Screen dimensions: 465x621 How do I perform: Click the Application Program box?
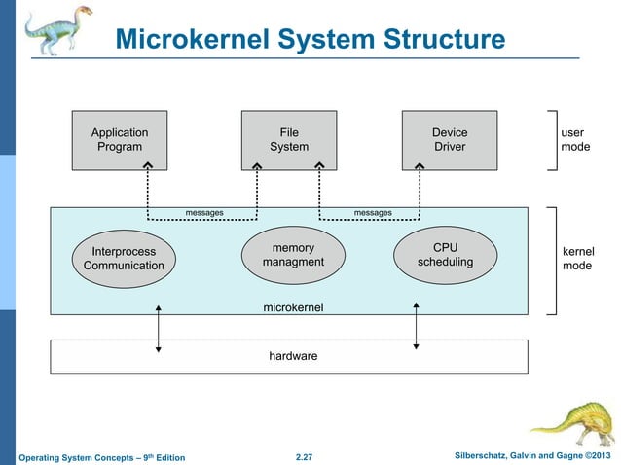pos(120,140)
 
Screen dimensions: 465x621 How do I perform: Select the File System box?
pos(289,140)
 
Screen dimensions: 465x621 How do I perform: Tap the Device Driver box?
pos(450,140)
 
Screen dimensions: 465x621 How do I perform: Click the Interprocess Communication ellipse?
pos(124,258)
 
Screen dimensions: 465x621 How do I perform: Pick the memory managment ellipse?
pos(293,255)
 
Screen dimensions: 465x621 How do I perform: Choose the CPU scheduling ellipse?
pos(445,255)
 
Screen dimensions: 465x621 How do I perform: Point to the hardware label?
pos(293,356)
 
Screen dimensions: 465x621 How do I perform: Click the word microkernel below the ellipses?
pos(293,307)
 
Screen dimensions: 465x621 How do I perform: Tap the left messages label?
pos(204,212)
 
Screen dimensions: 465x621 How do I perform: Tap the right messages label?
pos(373,212)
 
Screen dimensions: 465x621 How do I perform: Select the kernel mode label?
pos(578,259)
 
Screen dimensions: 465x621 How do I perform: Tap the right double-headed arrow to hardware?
pos(417,325)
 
